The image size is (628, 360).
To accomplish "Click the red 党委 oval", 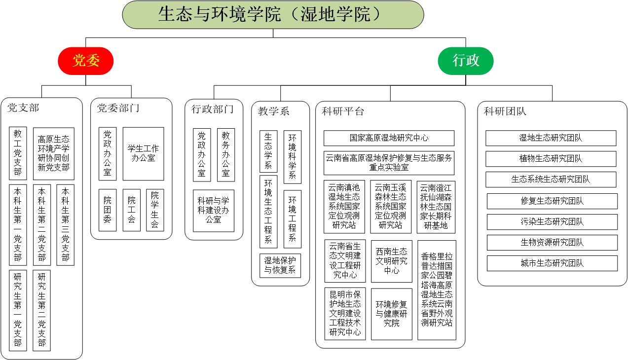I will click(86, 61).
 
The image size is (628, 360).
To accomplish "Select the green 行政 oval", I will click(466, 61).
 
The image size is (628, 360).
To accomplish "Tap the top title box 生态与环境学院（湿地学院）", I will click(273, 14).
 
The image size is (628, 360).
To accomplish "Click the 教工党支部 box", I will click(18, 153).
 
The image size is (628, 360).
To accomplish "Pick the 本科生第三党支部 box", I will click(66, 224).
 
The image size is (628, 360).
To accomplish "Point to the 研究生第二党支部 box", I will click(42, 309).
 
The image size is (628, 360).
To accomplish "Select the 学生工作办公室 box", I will click(143, 153).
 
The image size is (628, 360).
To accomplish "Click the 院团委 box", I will click(108, 210).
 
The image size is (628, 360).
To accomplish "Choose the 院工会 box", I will click(131, 210).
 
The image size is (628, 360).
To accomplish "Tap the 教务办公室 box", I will click(225, 155).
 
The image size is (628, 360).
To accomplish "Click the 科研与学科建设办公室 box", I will click(213, 211).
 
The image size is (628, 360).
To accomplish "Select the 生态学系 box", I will click(268, 151).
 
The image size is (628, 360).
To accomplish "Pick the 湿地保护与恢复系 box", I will click(280, 265).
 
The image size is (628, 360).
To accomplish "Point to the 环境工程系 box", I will click(292, 219).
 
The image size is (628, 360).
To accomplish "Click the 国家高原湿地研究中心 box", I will click(389, 138).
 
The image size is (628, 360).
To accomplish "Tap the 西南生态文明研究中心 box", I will click(392, 261).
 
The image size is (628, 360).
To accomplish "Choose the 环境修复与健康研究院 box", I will click(392, 314).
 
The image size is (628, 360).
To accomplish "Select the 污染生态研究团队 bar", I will click(552, 222).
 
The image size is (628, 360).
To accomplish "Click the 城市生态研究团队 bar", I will click(552, 263).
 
